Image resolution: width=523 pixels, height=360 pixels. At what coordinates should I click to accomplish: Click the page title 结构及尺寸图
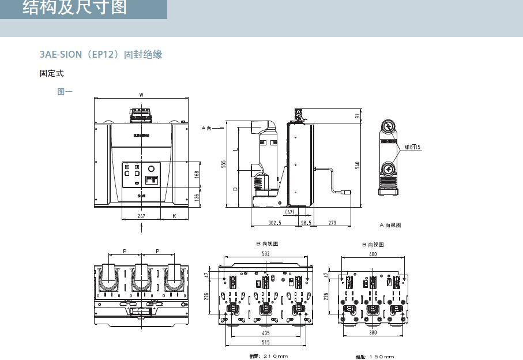tap(74, 8)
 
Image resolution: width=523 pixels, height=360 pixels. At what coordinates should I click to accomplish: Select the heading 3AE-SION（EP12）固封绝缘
tap(101, 55)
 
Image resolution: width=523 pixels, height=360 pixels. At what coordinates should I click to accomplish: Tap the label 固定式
tap(51, 74)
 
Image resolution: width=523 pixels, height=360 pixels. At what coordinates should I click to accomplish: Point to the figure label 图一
tap(65, 91)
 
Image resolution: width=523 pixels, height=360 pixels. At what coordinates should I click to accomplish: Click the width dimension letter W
tap(141, 95)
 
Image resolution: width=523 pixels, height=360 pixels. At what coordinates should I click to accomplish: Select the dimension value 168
tap(197, 174)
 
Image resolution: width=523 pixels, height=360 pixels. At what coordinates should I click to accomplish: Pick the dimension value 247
tap(141, 216)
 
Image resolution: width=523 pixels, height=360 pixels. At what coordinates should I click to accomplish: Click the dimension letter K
tap(175, 216)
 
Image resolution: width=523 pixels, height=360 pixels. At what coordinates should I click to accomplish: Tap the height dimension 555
tap(223, 164)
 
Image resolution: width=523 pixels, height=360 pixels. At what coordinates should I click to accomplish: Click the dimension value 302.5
tap(274, 223)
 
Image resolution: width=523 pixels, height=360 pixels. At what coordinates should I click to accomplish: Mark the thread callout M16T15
tap(412, 148)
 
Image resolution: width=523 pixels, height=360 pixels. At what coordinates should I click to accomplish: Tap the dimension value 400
tap(373, 254)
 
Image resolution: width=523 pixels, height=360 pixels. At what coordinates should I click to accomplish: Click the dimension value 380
tap(373, 333)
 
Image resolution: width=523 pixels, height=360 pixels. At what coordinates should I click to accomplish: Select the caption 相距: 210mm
tap(268, 356)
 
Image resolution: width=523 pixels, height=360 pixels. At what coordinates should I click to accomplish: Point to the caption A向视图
tap(390, 225)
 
